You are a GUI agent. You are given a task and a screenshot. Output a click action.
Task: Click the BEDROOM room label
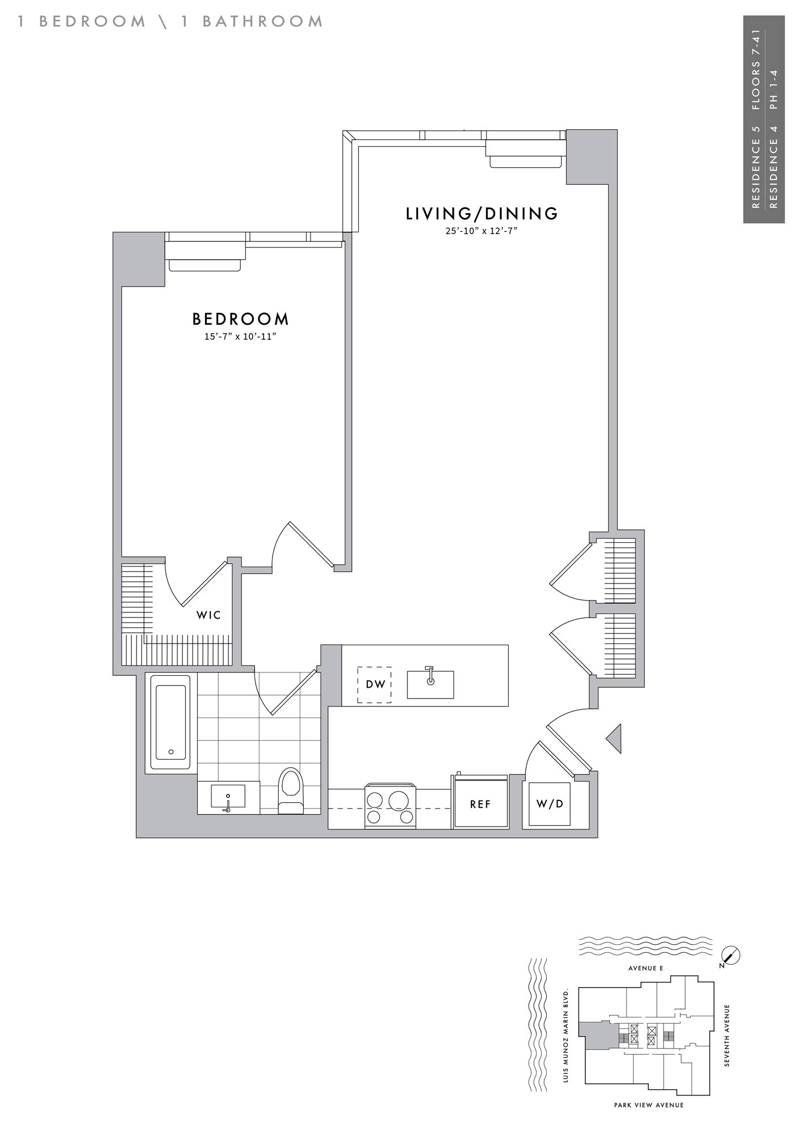coord(241,319)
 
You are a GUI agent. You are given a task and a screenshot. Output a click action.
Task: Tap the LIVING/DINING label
coord(482,214)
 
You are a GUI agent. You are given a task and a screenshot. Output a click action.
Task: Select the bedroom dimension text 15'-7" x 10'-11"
coord(240,337)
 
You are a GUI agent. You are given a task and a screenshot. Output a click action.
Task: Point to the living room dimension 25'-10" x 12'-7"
coord(482,231)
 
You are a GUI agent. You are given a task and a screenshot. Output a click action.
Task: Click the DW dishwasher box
coord(375,684)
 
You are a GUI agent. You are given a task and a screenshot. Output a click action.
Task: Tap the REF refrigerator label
coord(481,804)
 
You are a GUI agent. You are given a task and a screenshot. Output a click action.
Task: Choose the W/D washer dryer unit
coord(550,804)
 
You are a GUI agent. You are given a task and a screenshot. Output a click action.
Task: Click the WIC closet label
coord(209,615)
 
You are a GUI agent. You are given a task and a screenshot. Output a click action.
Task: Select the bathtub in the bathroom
coord(170,722)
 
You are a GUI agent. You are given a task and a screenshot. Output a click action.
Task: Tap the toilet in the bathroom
coord(291,791)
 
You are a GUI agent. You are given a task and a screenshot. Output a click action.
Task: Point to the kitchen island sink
coord(431,684)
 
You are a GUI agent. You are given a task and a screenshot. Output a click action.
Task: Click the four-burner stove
coord(390,807)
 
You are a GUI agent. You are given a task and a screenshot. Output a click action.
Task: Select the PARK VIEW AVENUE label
coord(649,1105)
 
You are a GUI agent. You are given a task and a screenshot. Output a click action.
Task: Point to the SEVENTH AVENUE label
coord(728,1036)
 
